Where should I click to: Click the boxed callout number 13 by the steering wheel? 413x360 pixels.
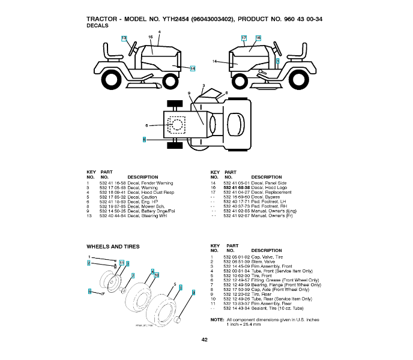click(124, 38)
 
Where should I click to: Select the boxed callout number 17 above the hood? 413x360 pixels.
click(244, 38)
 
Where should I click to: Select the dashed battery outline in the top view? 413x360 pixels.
click(176, 124)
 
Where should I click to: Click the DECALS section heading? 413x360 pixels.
click(97, 26)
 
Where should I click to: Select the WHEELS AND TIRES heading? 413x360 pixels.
click(113, 247)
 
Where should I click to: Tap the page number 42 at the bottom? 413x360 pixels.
click(205, 340)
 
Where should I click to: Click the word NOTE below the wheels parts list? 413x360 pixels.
click(217, 320)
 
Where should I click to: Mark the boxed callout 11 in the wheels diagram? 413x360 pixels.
click(121, 263)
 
